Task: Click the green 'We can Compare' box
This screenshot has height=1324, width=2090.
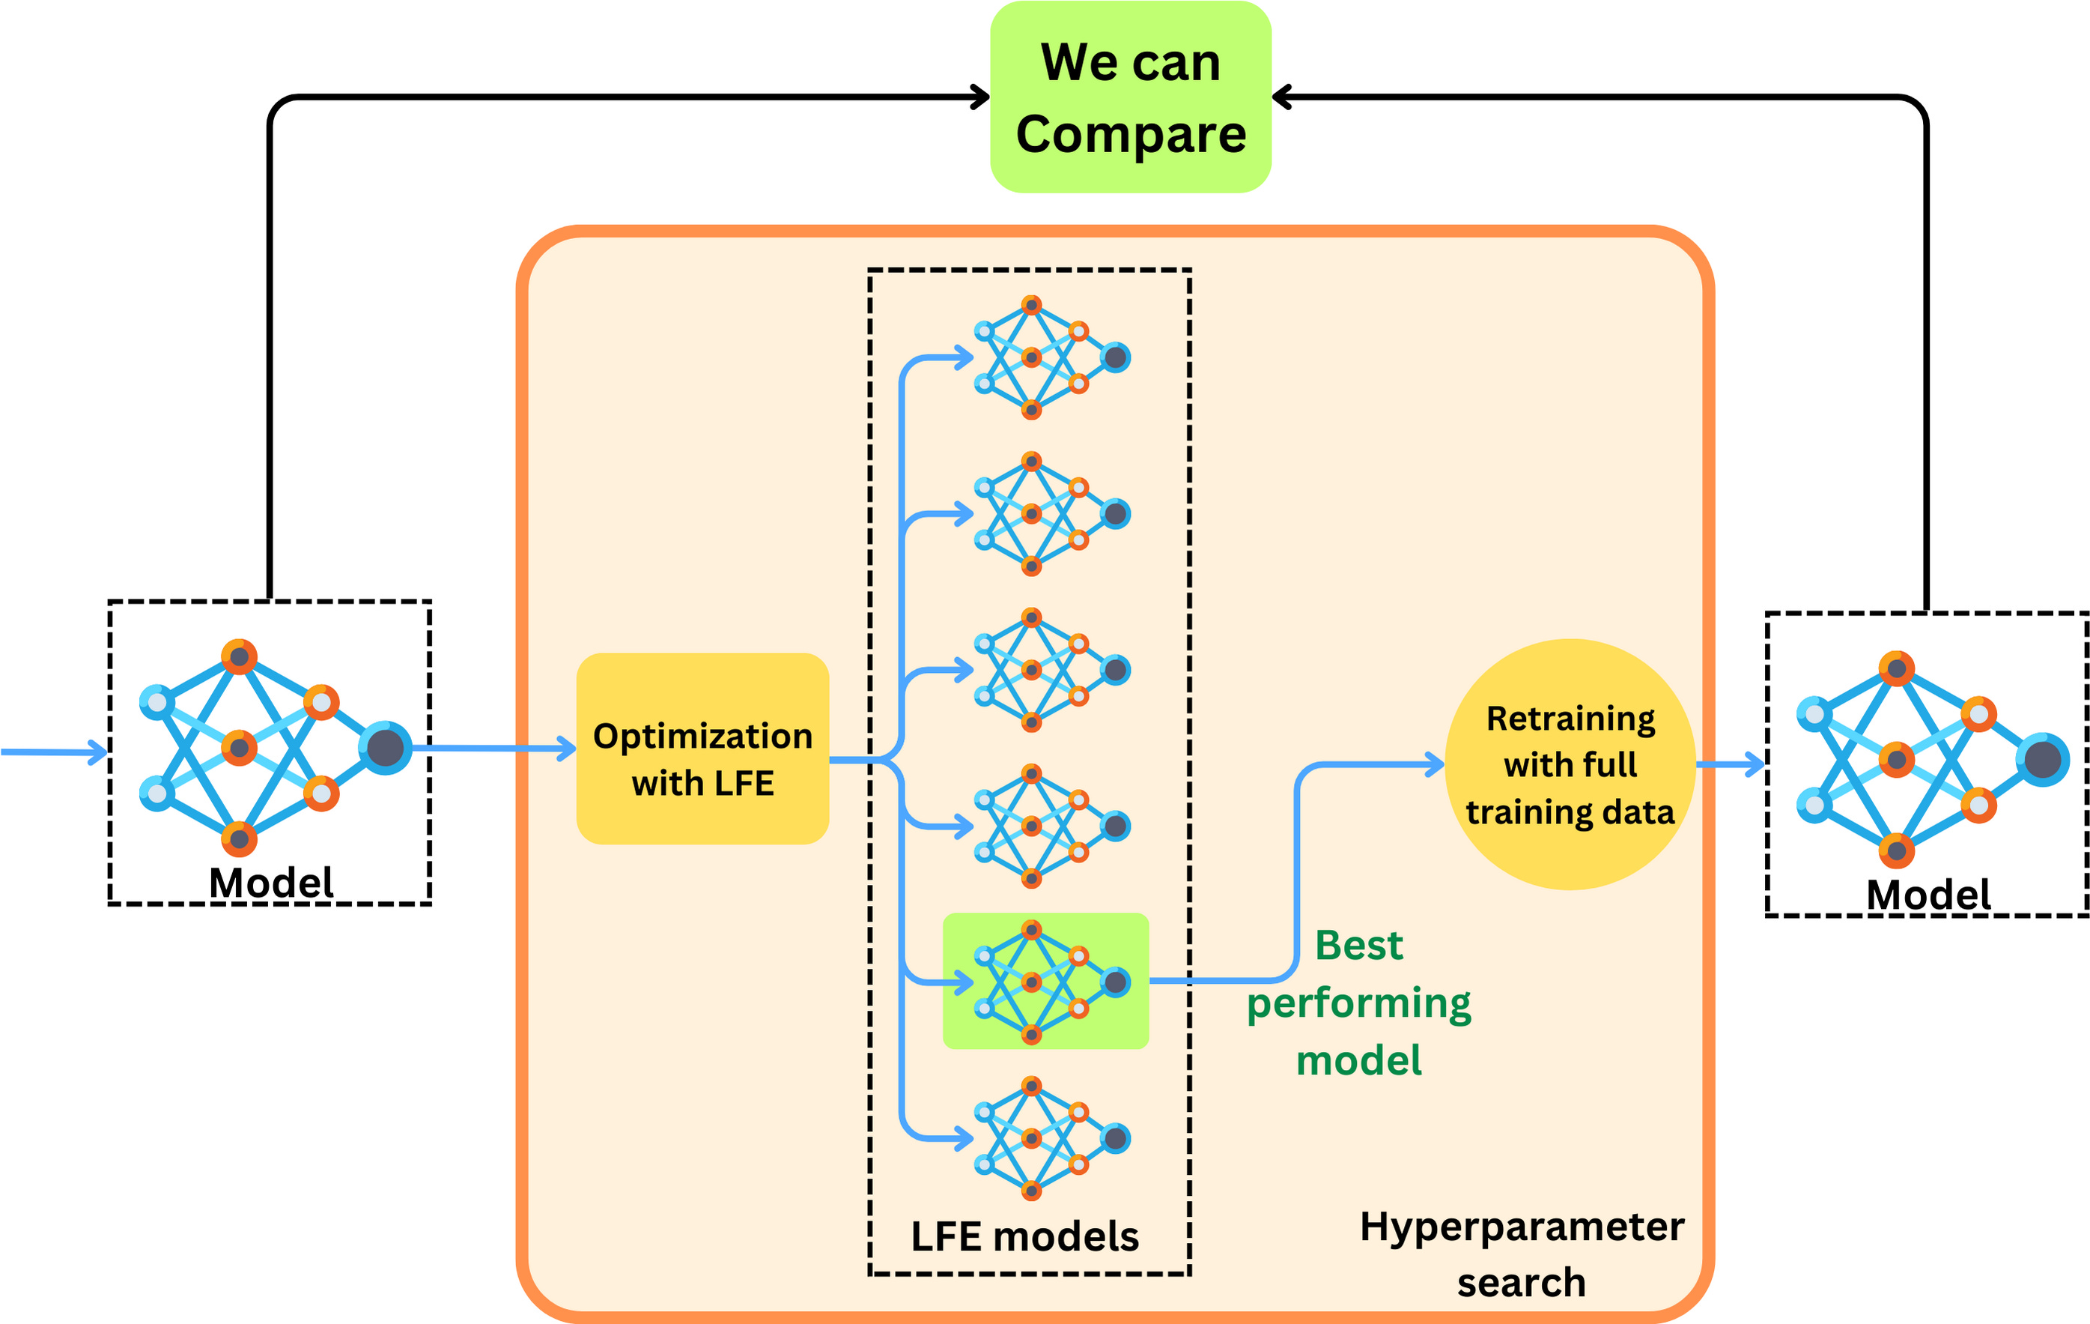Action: [1130, 97]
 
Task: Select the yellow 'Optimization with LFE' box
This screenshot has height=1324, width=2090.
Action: [702, 749]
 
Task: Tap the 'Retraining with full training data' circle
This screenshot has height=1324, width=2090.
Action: [1570, 764]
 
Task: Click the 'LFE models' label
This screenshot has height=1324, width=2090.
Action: [1024, 1236]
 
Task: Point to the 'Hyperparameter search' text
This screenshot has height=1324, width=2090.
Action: [1522, 1254]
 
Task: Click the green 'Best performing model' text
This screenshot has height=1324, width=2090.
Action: [1359, 1003]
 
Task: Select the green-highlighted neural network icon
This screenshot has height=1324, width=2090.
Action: [1046, 982]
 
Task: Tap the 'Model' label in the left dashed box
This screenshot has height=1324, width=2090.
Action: [271, 883]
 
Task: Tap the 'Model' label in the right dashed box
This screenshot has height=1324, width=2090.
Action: [1928, 894]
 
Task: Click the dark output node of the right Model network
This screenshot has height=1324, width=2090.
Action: [2043, 760]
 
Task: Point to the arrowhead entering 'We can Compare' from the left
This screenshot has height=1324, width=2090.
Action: [982, 97]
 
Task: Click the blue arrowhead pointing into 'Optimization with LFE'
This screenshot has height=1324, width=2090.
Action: [568, 749]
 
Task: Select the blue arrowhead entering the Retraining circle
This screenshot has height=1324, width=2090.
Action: [1436, 765]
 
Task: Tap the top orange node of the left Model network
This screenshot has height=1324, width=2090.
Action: [239, 656]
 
